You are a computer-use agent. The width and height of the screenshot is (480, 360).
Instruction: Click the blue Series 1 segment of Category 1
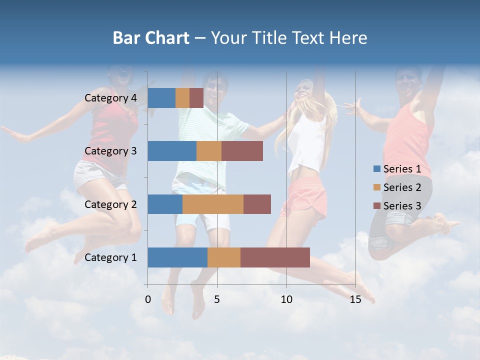coord(177,257)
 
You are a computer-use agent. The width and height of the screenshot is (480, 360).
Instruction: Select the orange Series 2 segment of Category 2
coord(213,204)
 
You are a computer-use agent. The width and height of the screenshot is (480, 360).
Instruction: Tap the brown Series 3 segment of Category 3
coord(242,151)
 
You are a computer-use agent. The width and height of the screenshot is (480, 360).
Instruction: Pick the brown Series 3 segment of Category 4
coord(196,98)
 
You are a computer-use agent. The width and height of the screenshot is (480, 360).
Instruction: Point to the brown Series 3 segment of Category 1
coord(275,257)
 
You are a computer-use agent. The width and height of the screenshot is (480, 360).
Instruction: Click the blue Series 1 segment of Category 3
coord(172,151)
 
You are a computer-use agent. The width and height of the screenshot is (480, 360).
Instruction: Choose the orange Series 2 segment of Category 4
coord(182,98)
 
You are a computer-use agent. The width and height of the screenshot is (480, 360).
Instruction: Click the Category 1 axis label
coord(110,257)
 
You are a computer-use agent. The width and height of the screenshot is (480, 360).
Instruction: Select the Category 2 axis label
coord(110,204)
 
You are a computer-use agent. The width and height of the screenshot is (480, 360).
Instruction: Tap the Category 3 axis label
coord(110,151)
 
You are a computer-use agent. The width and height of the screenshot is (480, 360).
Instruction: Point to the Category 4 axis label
coord(110,98)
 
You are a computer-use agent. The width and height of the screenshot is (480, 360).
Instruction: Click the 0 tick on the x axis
coord(148,299)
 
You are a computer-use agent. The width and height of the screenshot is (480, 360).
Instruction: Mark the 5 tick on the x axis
coord(217,299)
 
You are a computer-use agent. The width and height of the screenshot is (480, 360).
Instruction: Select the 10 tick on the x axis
coord(286,299)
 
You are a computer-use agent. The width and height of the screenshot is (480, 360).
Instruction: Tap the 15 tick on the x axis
coord(355,299)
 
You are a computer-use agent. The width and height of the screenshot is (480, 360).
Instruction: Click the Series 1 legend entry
coord(397,169)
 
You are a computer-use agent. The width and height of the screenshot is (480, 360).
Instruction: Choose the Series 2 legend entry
coord(397,187)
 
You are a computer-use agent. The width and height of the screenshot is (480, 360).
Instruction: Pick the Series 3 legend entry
coord(397,206)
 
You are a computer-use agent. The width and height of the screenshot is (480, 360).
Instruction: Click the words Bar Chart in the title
coord(151,38)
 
